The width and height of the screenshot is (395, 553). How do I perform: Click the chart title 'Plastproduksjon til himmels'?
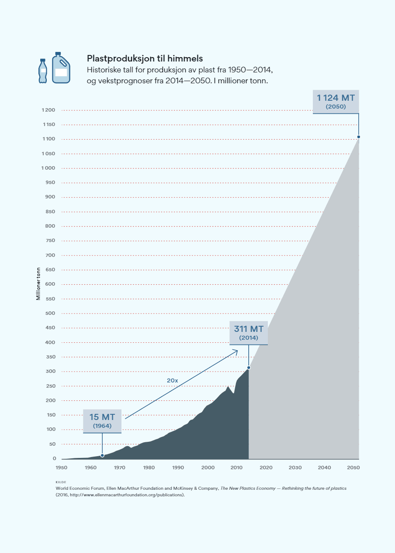[x=145, y=58]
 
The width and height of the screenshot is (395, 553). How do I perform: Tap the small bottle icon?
[x=43, y=71]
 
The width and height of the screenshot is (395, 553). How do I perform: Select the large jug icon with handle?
[x=61, y=68]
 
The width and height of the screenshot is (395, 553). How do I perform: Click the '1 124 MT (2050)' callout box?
[x=336, y=101]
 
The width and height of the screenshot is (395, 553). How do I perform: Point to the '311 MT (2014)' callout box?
[x=249, y=333]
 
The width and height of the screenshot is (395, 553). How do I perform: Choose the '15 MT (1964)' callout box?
[x=102, y=421]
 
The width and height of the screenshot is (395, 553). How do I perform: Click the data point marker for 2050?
[x=359, y=137]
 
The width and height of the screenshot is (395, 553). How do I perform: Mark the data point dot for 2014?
[x=249, y=368]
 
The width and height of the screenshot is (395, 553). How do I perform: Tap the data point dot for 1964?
[x=102, y=455]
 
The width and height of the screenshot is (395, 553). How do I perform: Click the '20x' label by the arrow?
[x=173, y=380]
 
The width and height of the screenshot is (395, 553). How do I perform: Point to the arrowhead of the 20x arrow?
[x=236, y=351]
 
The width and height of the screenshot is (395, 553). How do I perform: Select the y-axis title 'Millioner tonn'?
[x=38, y=283]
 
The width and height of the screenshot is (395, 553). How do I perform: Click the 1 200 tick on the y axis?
[x=49, y=110]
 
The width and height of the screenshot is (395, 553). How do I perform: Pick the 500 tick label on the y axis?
[x=51, y=313]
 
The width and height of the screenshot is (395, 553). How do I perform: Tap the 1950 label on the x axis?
[x=62, y=468]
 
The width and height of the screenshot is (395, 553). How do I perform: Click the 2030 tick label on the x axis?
[x=295, y=468]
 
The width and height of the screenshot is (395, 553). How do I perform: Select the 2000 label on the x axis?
[x=208, y=468]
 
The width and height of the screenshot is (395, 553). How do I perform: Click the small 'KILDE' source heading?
[x=61, y=482]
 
